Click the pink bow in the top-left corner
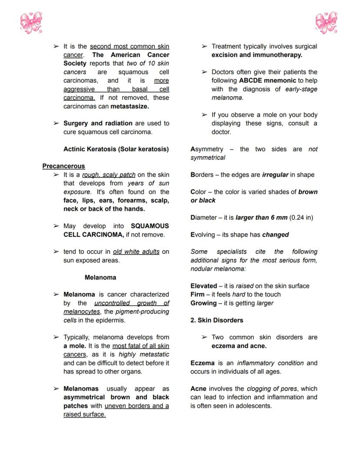(x=31, y=23)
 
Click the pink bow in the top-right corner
(x=327, y=23)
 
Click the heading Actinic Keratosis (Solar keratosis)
(x=116, y=149)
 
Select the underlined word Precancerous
(x=63, y=166)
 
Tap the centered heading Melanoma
(x=100, y=277)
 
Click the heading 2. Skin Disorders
(x=217, y=320)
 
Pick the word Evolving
(x=203, y=235)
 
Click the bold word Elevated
(x=203, y=286)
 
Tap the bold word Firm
(x=197, y=295)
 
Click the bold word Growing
(x=203, y=303)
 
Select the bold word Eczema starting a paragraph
(x=202, y=363)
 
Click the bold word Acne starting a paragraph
(x=198, y=389)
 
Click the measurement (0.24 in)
(x=301, y=218)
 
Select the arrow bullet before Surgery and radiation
(x=56, y=124)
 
